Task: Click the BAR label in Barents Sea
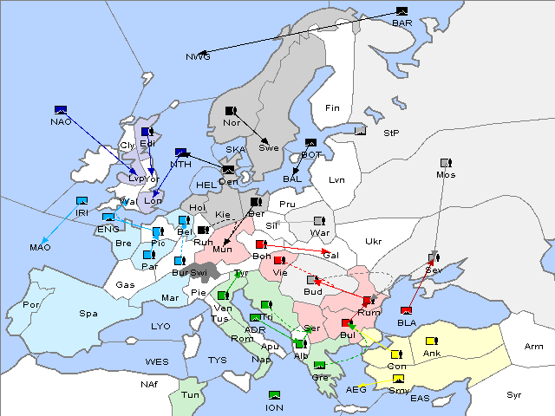tap(402, 23)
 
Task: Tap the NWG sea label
tap(198, 57)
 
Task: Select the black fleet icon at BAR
tap(402, 11)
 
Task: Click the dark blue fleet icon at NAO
tap(61, 109)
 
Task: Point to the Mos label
tap(446, 175)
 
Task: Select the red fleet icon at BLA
tap(406, 310)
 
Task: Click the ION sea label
tap(274, 407)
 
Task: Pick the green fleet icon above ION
tap(274, 395)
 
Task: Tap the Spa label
tap(88, 313)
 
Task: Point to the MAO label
tap(40, 248)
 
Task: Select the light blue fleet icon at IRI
tap(82, 200)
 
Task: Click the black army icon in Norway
tap(232, 111)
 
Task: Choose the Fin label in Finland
tap(332, 108)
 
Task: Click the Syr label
tap(515, 394)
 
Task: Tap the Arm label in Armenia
tap(534, 347)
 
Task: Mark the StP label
tap(391, 133)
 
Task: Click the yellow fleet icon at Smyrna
tap(398, 379)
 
